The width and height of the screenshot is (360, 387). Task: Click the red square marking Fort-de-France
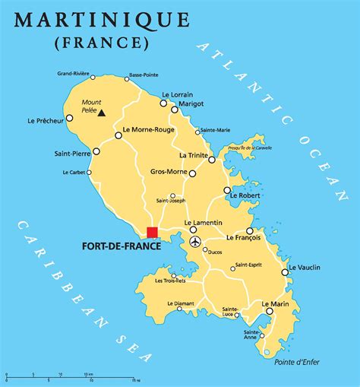(x=152, y=232)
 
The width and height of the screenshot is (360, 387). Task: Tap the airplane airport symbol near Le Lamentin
(x=195, y=242)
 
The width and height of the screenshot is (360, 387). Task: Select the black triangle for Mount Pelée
(x=101, y=113)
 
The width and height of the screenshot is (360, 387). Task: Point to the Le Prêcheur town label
(x=44, y=120)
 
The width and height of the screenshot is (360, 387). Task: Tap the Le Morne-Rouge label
(x=150, y=130)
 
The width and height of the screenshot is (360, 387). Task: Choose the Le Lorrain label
(x=179, y=94)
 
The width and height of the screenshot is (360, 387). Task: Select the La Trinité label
(x=194, y=155)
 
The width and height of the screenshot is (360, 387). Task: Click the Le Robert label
(x=248, y=195)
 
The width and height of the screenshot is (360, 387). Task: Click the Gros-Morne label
(x=169, y=172)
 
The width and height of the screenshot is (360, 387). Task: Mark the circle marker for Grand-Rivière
(x=93, y=78)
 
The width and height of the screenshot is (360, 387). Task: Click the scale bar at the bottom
(x=72, y=376)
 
